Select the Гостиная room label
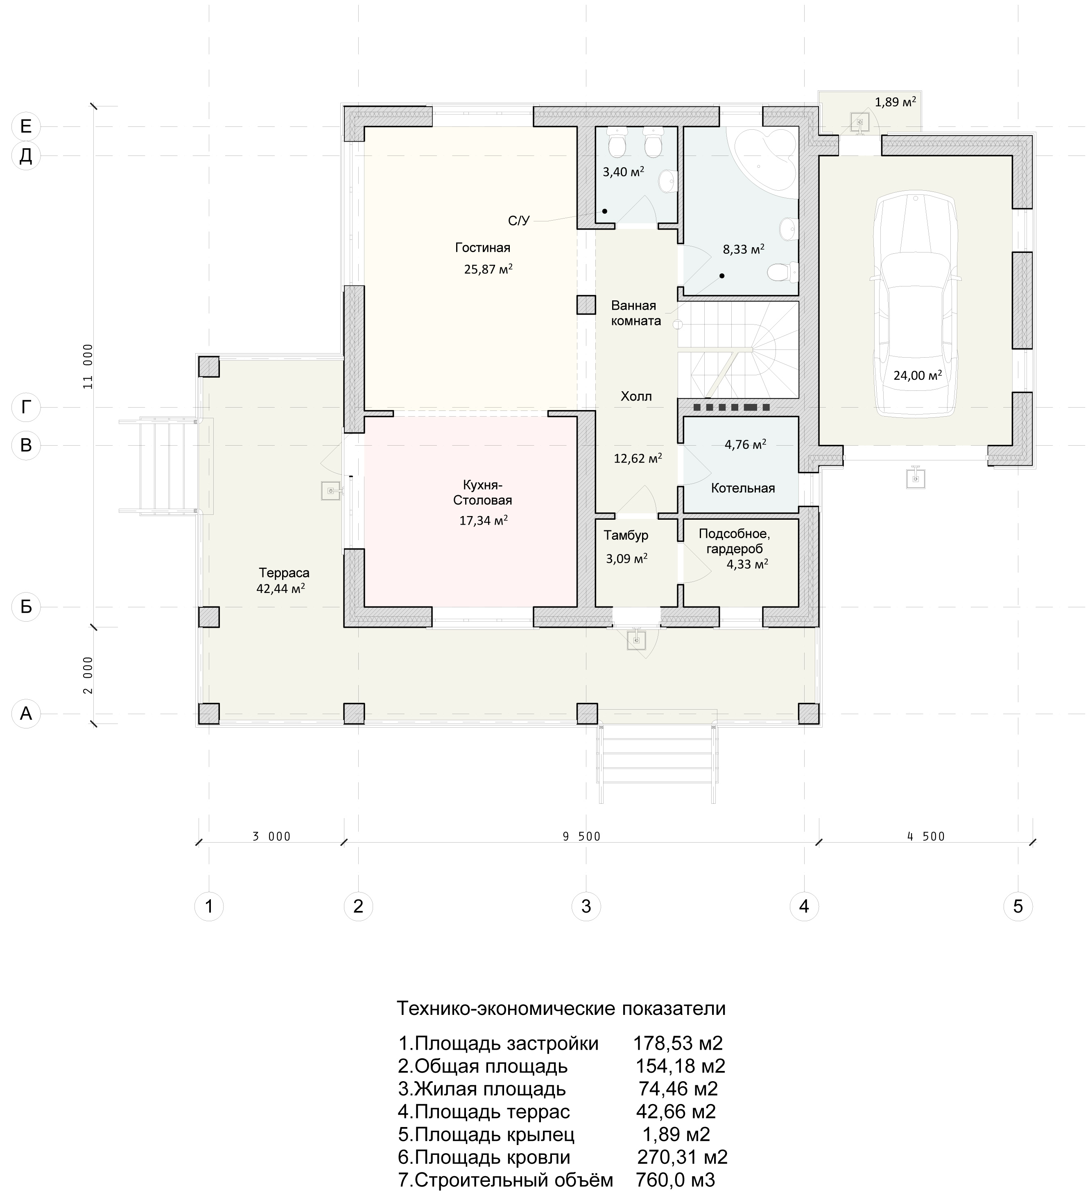[482, 248]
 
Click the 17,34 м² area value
[483, 521]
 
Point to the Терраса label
[284, 573]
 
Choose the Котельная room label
[742, 488]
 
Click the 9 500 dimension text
[581, 836]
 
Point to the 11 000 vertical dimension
[88, 366]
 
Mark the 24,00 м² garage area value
[917, 375]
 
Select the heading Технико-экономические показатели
[561, 1008]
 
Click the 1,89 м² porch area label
[895, 102]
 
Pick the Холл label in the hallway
[636, 396]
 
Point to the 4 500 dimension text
[926, 836]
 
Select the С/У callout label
[518, 221]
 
